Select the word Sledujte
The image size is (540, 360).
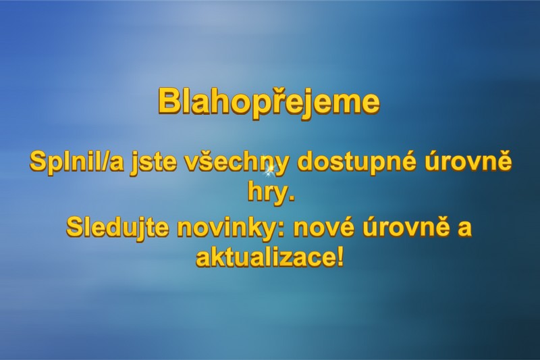point(117,227)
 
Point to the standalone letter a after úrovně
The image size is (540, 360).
point(464,229)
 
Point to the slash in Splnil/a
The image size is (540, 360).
point(103,162)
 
